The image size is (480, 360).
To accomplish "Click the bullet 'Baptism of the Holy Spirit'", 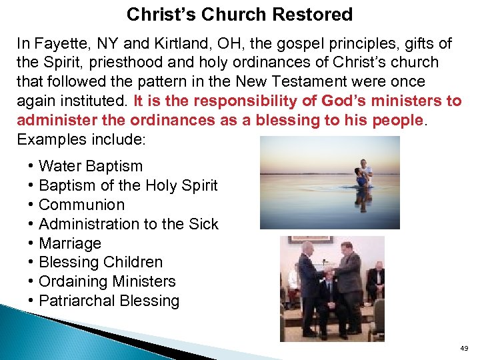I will pyautogui.click(x=128, y=185).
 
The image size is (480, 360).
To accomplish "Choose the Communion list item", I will pyautogui.click(x=81, y=205).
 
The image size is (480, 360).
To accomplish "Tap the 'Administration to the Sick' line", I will pyautogui.click(x=128, y=224).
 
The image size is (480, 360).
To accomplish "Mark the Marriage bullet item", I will pyautogui.click(x=70, y=243).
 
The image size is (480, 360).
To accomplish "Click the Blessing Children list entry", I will pyautogui.click(x=101, y=263).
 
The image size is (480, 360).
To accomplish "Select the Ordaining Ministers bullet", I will pyautogui.click(x=107, y=282).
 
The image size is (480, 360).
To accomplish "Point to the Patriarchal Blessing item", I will pyautogui.click(x=109, y=301).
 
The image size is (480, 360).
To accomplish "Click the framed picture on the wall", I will pyautogui.click(x=301, y=241).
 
